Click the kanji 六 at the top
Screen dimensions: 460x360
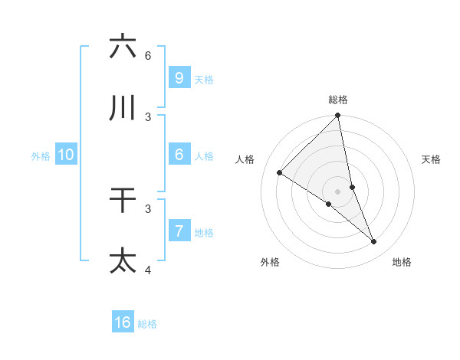123,47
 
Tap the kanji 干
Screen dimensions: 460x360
123,201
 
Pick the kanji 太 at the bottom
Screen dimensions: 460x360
123,260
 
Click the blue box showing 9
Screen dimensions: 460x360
179,77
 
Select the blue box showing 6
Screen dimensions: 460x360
179,155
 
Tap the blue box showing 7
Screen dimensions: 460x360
179,231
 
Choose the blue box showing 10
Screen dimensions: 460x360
66,155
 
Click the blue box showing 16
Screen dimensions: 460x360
123,322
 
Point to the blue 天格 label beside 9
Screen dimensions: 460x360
204,79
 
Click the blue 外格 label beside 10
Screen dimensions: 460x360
41,155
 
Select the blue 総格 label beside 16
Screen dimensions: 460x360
147,324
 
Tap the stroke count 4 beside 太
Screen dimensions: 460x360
148,270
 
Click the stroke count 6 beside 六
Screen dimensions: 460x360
148,55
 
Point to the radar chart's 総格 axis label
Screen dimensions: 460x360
338,100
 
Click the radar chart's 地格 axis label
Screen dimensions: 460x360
402,262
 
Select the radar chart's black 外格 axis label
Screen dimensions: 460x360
270,262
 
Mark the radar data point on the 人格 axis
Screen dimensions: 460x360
279,173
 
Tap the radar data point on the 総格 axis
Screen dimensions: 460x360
338,116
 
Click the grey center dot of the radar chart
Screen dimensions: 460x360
337,191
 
